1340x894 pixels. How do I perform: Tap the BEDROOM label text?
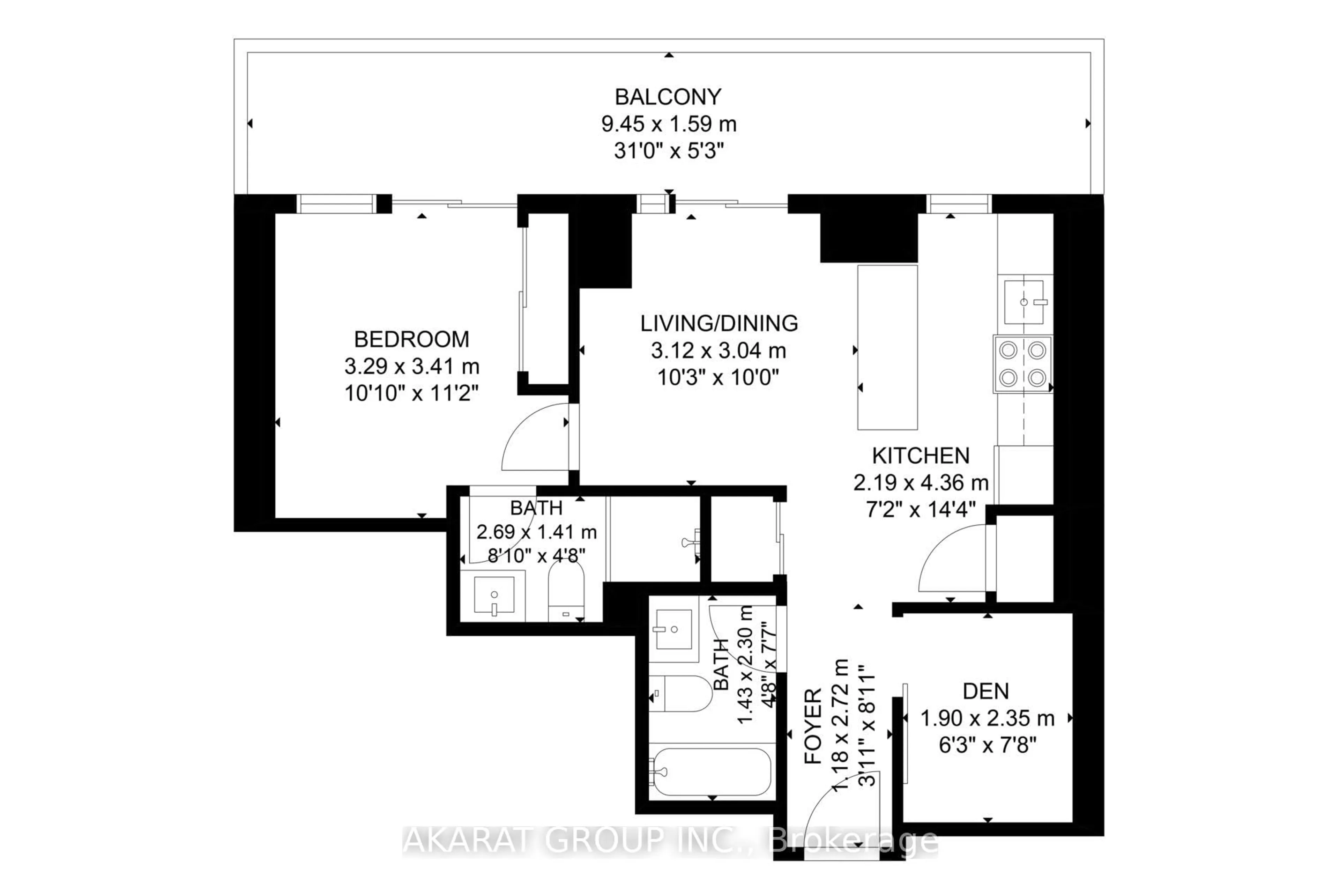pos(411,339)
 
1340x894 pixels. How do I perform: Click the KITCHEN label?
pos(921,456)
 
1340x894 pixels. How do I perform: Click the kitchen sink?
pos(1024,302)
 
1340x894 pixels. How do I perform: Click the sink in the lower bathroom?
pos(674,629)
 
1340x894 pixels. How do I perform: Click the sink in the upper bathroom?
pos(494,595)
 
